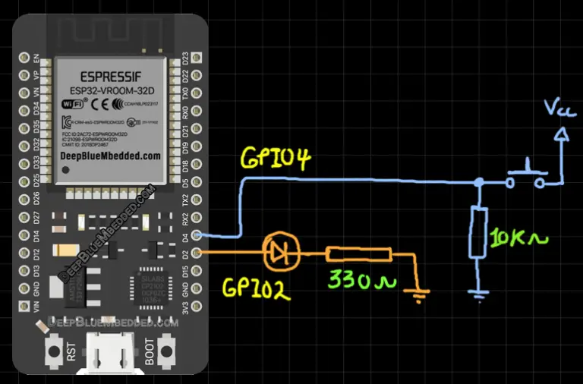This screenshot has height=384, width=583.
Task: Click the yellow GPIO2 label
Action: [x=257, y=288]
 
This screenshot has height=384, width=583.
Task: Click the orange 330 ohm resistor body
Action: [x=358, y=255]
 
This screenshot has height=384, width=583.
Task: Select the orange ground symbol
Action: [x=418, y=291]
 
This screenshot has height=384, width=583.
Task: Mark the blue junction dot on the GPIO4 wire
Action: [x=479, y=182]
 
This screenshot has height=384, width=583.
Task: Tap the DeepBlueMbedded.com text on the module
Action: [x=111, y=155]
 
